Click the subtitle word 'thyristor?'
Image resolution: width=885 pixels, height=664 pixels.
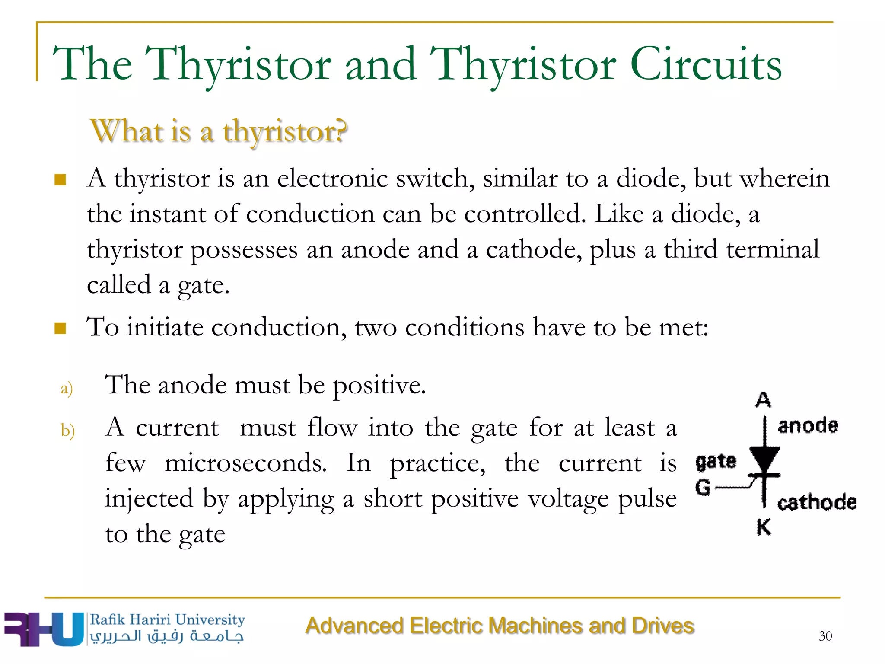point(285,131)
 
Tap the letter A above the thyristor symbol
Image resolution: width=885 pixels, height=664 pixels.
point(763,399)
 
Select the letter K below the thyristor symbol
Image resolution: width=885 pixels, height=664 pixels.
point(764,527)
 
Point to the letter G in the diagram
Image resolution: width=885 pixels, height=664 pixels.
point(703,487)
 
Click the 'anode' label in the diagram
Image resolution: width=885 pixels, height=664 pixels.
point(808,426)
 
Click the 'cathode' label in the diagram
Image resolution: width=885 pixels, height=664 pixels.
point(817,503)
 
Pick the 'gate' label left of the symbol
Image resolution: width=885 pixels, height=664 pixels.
point(716,462)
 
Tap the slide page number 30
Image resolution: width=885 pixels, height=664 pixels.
point(825,636)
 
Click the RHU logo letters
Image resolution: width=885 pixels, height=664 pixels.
point(43,629)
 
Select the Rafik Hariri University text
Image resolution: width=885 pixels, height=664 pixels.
point(167,619)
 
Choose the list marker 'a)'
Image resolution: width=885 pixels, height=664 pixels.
point(67,388)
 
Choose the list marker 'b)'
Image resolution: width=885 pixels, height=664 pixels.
point(68,431)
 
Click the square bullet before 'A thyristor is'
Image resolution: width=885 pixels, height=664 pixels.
point(60,179)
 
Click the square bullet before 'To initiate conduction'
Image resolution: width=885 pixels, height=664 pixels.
point(60,329)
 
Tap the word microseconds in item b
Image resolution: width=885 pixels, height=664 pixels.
point(245,463)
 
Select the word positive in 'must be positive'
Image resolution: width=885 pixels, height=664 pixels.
point(379,386)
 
